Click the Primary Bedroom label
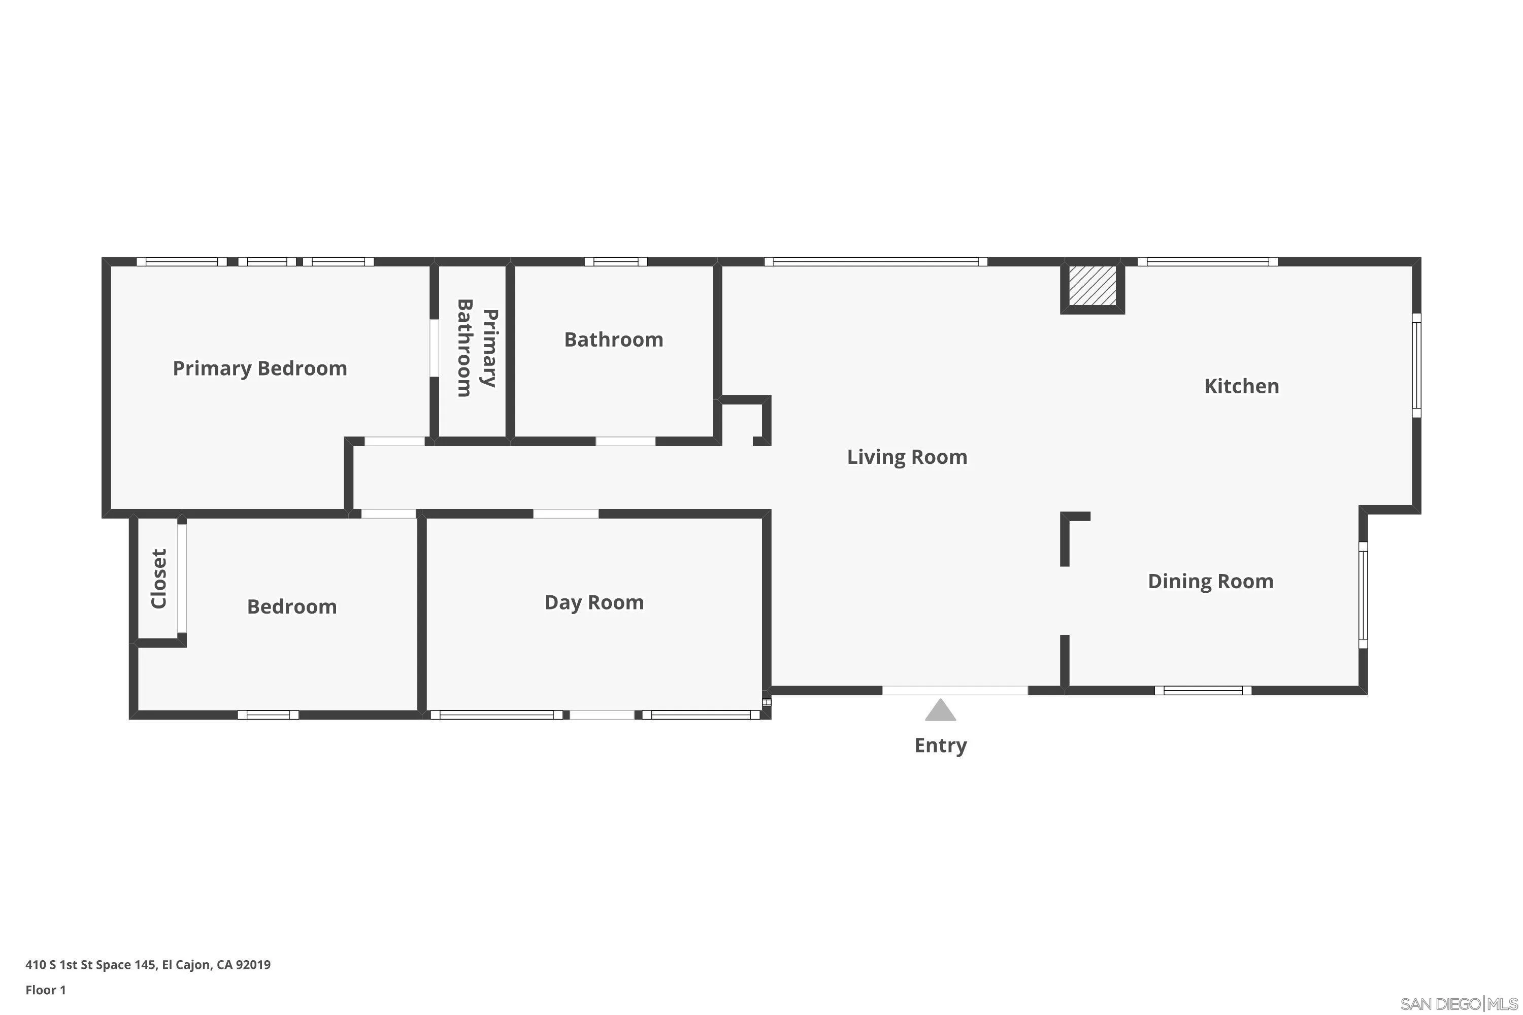[x=259, y=368]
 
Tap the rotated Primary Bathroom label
[x=477, y=348]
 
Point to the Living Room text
[x=907, y=457]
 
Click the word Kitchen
[x=1241, y=386]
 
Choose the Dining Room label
[x=1210, y=581]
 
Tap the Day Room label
[x=594, y=603]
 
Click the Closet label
[x=158, y=579]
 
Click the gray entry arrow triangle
[x=940, y=710]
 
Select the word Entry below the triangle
[x=940, y=745]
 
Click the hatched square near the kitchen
[x=1092, y=286]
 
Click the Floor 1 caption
[x=45, y=990]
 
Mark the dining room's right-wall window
[x=1363, y=595]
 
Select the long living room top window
[x=875, y=261]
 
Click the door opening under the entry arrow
[x=954, y=691]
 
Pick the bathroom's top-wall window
[x=615, y=261]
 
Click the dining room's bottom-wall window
[x=1203, y=691]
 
